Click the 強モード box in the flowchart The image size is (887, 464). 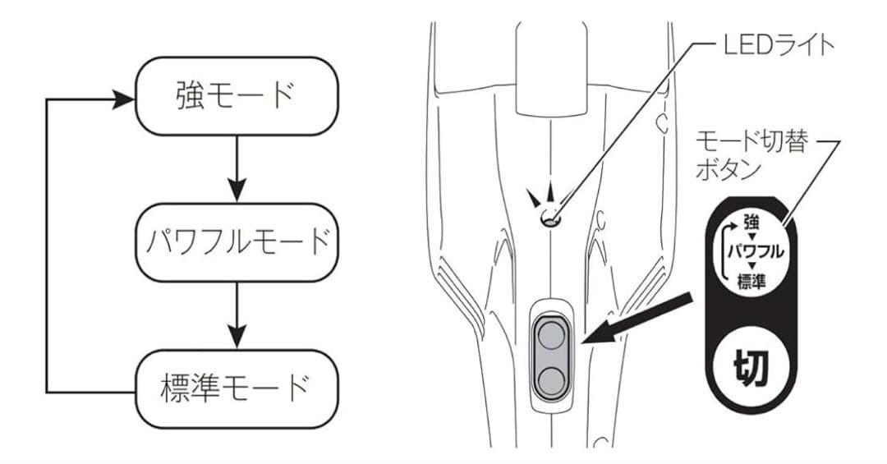pos(237,95)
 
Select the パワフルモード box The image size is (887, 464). pos(237,242)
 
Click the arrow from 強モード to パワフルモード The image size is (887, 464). pos(237,168)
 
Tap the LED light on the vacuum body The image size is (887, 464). pos(549,219)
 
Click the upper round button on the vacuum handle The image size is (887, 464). pos(551,336)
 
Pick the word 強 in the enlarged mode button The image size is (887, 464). pos(751,221)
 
